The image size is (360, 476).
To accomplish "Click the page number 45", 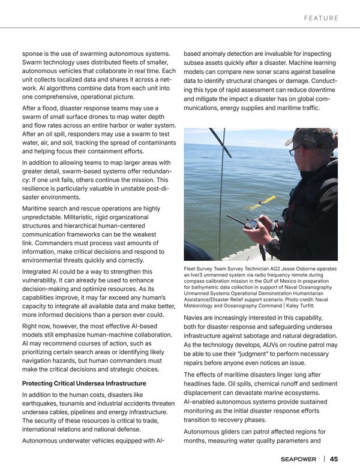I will pos(334,459).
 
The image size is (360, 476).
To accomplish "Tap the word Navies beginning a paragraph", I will pos(196,317).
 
